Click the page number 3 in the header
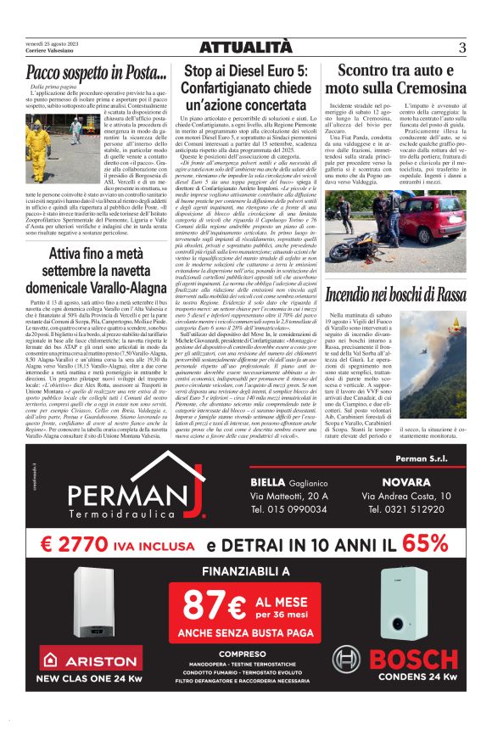point(461,48)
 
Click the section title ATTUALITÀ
point(246,47)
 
